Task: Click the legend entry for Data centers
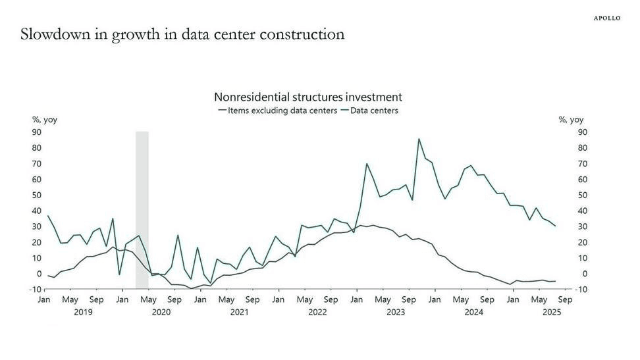pos(373,111)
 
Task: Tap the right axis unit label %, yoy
pos(571,120)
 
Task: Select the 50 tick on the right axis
pos(582,195)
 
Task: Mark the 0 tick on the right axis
pos(580,274)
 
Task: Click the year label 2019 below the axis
pos(83,312)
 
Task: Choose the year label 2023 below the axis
pos(396,312)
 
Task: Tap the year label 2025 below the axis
pos(552,312)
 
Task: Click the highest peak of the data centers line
pos(419,139)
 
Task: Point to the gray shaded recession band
pos(142,211)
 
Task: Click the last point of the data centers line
pos(556,226)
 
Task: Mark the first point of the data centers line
pos(47,215)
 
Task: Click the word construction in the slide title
pos(303,34)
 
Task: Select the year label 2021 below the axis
pos(239,312)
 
